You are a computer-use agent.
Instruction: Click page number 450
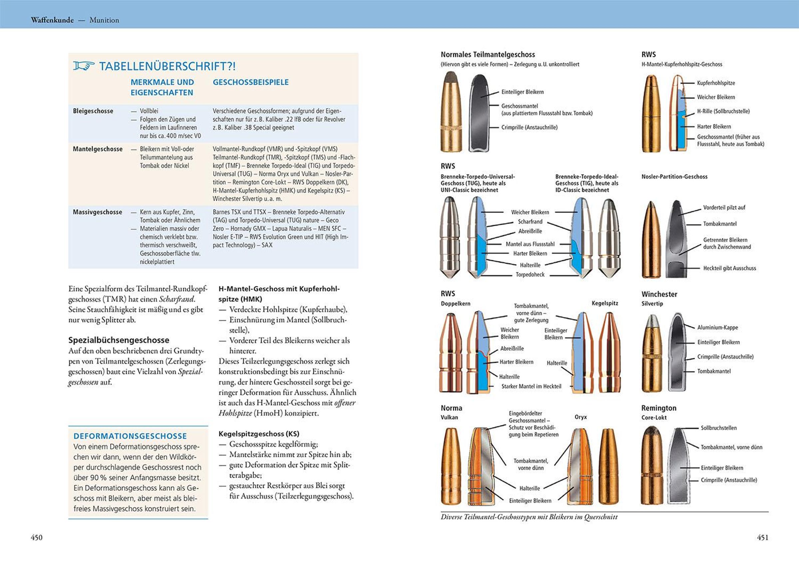pyautogui.click(x=37, y=538)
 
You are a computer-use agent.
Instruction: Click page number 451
pyautogui.click(x=762, y=538)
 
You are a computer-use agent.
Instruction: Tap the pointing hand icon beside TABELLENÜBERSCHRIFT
pyautogui.click(x=84, y=66)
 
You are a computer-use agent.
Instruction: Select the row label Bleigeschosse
pyautogui.click(x=93, y=111)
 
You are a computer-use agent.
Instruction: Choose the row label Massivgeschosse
pyautogui.click(x=98, y=212)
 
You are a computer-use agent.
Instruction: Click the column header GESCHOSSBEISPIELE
pyautogui.click(x=250, y=82)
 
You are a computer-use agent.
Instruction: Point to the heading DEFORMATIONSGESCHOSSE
pyautogui.click(x=130, y=436)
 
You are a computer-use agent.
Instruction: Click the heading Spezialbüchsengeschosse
pyautogui.click(x=119, y=340)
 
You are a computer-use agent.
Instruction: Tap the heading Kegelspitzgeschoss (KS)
pyautogui.click(x=258, y=433)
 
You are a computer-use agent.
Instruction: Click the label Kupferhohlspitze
pyautogui.click(x=716, y=83)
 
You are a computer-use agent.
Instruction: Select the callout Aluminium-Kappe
pyautogui.click(x=717, y=327)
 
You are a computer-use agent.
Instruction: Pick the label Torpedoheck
pyautogui.click(x=530, y=275)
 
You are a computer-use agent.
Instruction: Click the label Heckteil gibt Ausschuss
pyautogui.click(x=729, y=268)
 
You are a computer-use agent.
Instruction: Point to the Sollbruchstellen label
pyautogui.click(x=718, y=428)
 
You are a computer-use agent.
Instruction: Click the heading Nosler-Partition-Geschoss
pyautogui.click(x=674, y=177)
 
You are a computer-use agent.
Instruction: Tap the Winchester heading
pyautogui.click(x=659, y=294)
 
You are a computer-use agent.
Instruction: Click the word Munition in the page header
pyautogui.click(x=104, y=20)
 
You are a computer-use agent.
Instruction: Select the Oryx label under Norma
pyautogui.click(x=581, y=417)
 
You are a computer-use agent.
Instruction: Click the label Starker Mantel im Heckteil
pyautogui.click(x=531, y=386)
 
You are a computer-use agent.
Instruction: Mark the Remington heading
pyautogui.click(x=659, y=408)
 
